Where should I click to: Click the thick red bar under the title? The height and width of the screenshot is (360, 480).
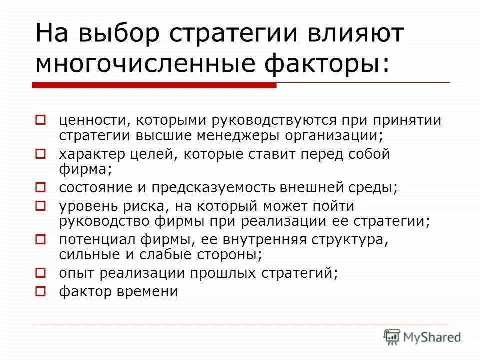point(154,85)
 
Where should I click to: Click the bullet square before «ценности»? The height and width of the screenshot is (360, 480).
point(41,120)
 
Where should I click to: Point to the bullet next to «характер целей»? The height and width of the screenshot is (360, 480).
point(41,154)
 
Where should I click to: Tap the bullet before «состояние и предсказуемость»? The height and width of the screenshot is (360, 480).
point(41,188)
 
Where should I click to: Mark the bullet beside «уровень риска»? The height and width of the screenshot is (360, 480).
point(41,205)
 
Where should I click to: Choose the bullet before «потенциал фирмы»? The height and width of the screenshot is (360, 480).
point(41,239)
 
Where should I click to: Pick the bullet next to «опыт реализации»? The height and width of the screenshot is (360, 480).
point(41,273)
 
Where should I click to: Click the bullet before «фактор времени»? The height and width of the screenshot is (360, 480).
point(41,290)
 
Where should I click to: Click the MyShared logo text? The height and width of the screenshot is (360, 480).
point(432,337)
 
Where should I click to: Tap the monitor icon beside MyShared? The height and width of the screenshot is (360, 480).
point(392,336)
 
